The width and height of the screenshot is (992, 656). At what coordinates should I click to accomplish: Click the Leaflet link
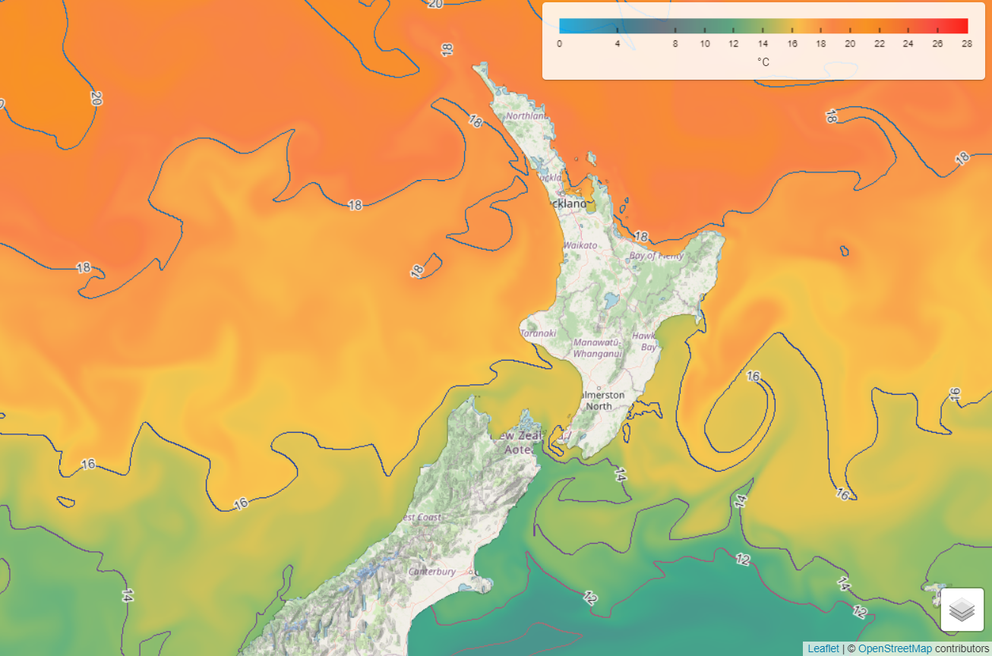pos(823,648)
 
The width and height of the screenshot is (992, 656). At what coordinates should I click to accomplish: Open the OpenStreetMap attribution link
pos(895,648)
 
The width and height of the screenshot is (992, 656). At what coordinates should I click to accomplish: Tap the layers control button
pos(962,609)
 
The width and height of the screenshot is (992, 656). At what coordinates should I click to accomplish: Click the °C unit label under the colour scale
pos(763,62)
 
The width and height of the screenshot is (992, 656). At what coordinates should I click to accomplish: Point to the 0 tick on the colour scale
pos(560,44)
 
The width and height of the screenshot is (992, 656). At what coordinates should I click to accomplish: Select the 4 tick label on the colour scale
pos(618,44)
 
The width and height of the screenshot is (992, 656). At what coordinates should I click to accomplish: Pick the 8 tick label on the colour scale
pos(675,44)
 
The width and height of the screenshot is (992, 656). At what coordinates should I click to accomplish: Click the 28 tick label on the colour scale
pos(966,44)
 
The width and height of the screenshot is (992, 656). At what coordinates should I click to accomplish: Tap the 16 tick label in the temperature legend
pos(792,44)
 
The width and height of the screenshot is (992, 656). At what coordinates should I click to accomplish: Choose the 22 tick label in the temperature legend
pos(879,44)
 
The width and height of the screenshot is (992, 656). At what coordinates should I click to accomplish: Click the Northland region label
pos(526,116)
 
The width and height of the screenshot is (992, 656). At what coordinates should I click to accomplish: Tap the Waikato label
pos(580,245)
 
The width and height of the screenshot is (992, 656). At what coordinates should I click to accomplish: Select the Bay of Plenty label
pos(656,256)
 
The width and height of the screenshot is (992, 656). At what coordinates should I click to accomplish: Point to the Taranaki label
pos(539,333)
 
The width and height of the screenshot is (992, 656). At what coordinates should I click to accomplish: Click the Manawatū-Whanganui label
pos(597,348)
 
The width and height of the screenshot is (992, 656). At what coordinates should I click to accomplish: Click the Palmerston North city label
pos(600,401)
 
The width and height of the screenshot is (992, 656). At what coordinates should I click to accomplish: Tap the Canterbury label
pos(432,571)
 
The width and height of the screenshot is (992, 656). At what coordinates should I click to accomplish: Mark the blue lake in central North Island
pos(611,300)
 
